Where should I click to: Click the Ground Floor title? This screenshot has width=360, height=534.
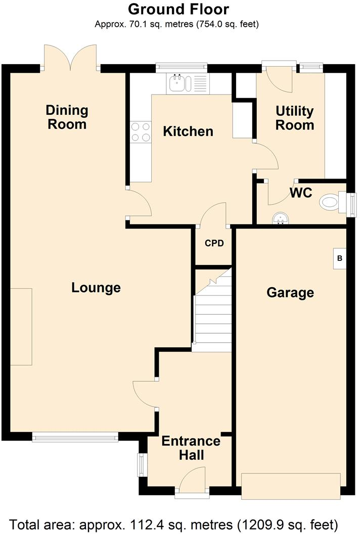(178, 9)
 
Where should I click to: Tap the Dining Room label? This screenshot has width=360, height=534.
(67, 117)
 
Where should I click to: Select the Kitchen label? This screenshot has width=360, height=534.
(188, 131)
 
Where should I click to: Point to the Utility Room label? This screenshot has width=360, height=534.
(294, 118)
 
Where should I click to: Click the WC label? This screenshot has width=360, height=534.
(300, 193)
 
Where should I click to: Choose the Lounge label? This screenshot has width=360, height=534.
(96, 288)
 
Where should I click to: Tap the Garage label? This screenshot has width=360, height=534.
(290, 292)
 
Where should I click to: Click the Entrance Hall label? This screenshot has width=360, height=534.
(191, 448)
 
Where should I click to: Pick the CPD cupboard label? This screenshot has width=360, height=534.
(214, 243)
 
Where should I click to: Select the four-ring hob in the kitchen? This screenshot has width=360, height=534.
(141, 132)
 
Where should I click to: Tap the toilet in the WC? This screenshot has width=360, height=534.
(331, 202)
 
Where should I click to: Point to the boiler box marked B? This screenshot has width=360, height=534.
(340, 258)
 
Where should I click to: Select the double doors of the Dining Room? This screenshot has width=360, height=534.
(70, 57)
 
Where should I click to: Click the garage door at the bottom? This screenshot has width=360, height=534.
(291, 486)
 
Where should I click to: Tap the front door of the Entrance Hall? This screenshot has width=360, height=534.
(192, 480)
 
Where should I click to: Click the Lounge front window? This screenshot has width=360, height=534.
(75, 437)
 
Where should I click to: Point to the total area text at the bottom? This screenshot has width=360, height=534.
(180, 523)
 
